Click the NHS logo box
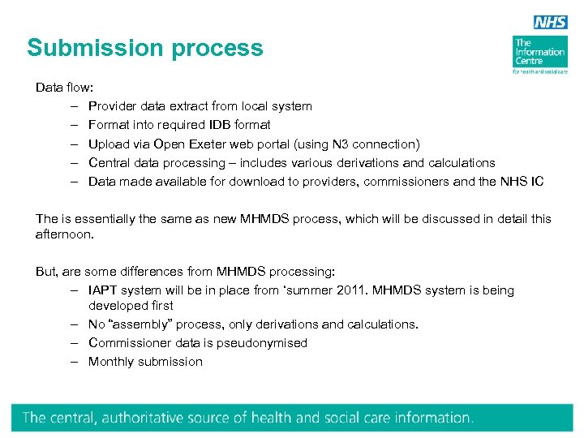click(x=551, y=22)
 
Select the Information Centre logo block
click(x=539, y=54)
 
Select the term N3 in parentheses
click(x=341, y=144)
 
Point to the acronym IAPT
click(x=104, y=290)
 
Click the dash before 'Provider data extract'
click(x=73, y=106)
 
